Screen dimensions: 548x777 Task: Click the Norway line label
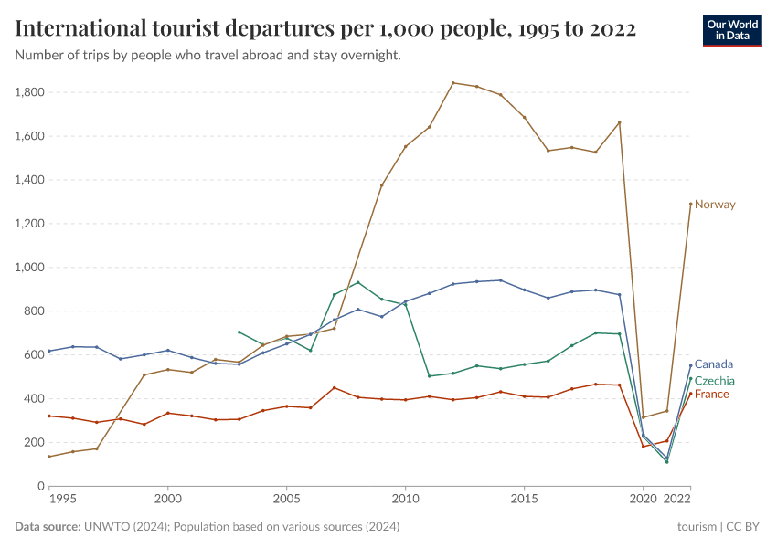(715, 205)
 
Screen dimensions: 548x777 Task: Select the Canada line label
(713, 364)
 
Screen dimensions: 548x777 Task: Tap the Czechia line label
(715, 381)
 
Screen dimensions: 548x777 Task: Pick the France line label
(712, 395)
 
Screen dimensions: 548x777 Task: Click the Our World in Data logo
(732, 30)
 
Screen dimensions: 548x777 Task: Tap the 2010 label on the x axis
(405, 501)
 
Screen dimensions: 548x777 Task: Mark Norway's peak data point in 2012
(453, 83)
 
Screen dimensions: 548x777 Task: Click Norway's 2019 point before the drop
(620, 122)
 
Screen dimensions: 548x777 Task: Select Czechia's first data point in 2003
(239, 332)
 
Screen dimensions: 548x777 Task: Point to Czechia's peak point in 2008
(357, 282)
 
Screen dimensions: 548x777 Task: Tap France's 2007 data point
(334, 387)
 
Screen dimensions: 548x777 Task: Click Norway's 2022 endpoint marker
(690, 204)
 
